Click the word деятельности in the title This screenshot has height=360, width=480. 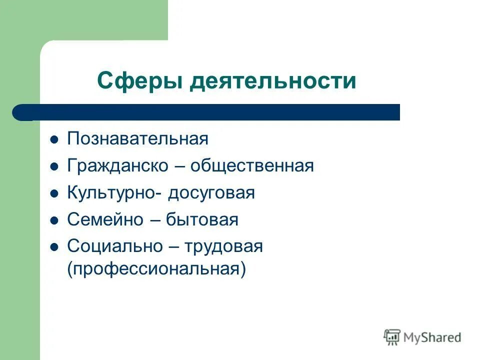(x=273, y=80)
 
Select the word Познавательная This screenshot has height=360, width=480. (x=137, y=139)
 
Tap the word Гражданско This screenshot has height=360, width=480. (x=117, y=166)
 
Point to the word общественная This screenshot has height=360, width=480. (x=251, y=166)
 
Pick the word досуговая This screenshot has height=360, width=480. (x=211, y=193)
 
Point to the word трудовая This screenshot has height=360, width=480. (x=223, y=246)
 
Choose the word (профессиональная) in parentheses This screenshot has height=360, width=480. (x=157, y=269)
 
